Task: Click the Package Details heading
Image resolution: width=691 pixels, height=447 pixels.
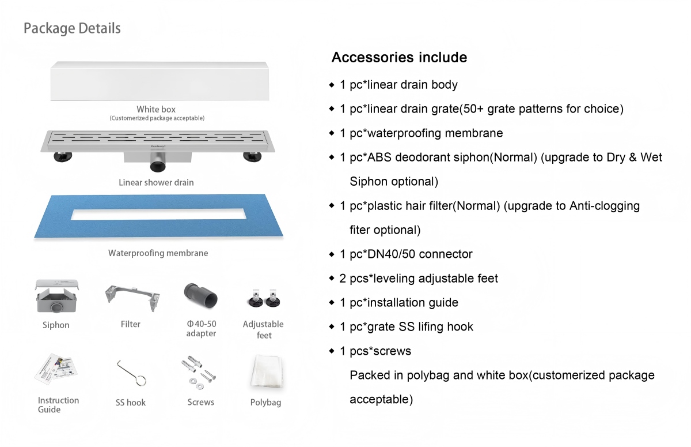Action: pos(72,28)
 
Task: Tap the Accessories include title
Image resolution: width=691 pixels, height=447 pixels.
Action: pos(399,58)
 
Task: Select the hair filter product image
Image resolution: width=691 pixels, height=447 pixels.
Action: pos(131,296)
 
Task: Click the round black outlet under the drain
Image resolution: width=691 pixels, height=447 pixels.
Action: pos(157,167)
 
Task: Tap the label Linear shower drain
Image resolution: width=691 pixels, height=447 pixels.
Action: pos(156,182)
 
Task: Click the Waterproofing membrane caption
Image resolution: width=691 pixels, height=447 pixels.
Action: pos(158,253)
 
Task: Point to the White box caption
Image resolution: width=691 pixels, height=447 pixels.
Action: pos(156,109)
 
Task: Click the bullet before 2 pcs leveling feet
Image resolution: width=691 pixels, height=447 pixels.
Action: pos(332,279)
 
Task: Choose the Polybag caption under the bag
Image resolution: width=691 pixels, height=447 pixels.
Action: pos(265,403)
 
